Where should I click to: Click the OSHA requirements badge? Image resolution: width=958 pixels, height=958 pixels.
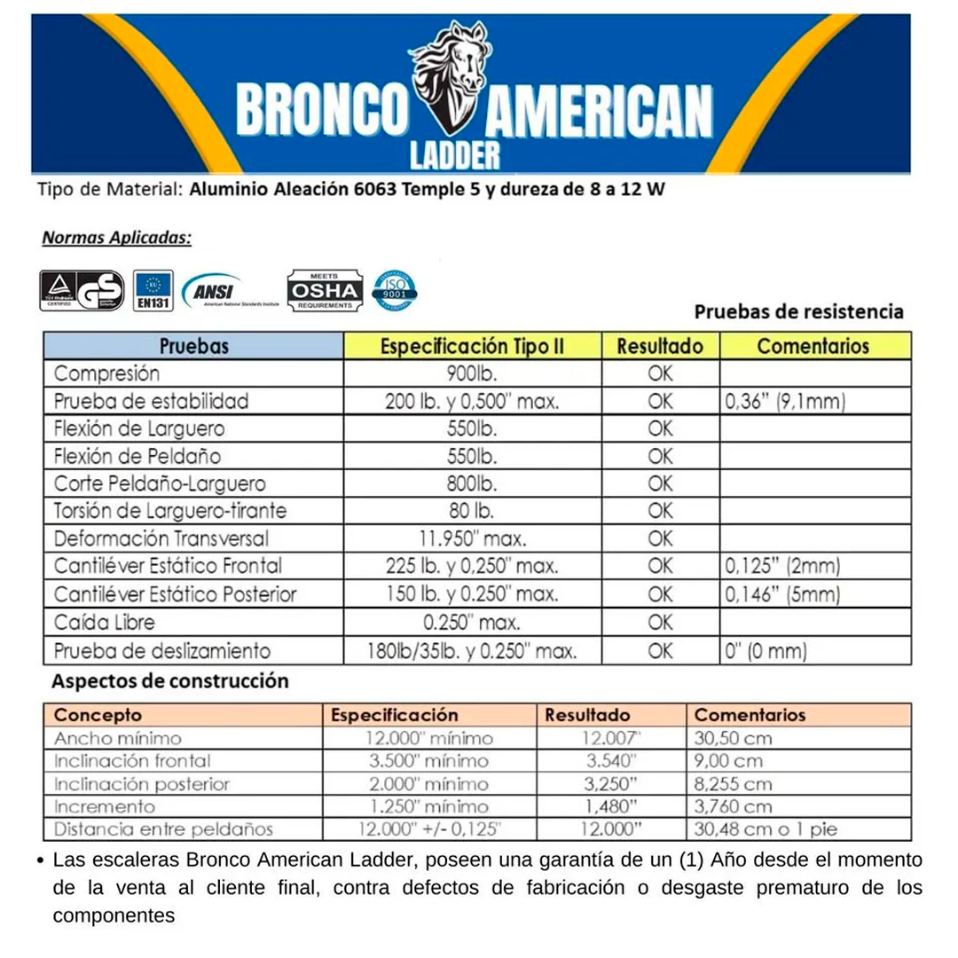pyautogui.click(x=325, y=290)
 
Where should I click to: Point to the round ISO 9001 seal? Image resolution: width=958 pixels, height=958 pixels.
pyautogui.click(x=395, y=290)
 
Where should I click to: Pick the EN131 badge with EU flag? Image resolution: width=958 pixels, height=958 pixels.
pyautogui.click(x=153, y=290)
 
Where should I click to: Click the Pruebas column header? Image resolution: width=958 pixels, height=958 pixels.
pyautogui.click(x=193, y=345)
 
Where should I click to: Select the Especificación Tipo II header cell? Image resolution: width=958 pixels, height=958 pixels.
pyautogui.click(x=472, y=345)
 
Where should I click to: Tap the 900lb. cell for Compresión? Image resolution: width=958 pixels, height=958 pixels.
pyautogui.click(x=472, y=373)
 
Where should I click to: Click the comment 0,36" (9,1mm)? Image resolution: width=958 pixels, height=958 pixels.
pyautogui.click(x=785, y=402)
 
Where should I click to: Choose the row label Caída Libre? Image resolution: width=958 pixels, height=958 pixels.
pyautogui.click(x=104, y=623)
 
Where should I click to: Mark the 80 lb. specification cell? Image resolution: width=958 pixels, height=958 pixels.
pyautogui.click(x=472, y=512)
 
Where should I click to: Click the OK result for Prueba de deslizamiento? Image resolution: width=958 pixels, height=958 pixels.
pyautogui.click(x=660, y=651)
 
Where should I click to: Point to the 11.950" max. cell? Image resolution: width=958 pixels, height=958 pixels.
pyautogui.click(x=472, y=539)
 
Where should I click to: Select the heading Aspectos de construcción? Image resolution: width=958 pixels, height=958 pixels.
pyautogui.click(x=170, y=682)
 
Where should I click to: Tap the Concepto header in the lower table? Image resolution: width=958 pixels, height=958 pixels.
pyautogui.click(x=98, y=715)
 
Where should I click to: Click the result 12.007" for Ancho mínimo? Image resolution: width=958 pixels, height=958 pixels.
pyautogui.click(x=611, y=738)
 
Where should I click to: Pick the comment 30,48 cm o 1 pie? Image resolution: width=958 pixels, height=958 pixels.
pyautogui.click(x=766, y=830)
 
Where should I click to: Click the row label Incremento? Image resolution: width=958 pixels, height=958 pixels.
pyautogui.click(x=105, y=807)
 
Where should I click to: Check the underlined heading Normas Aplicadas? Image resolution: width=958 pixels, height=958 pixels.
pyautogui.click(x=116, y=239)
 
